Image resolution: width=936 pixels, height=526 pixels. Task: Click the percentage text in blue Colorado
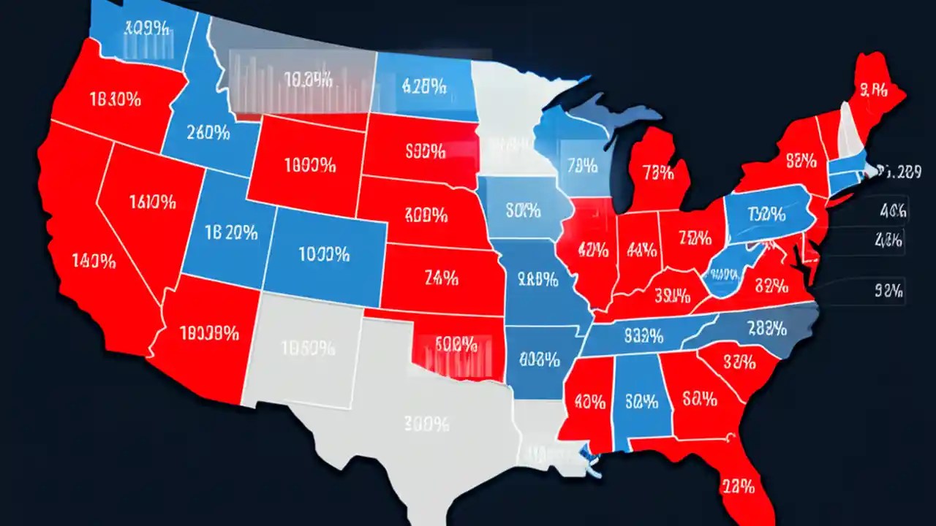(x=324, y=255)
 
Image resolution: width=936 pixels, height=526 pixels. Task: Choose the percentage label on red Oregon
(x=114, y=100)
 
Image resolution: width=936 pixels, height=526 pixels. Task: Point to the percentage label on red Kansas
(x=442, y=277)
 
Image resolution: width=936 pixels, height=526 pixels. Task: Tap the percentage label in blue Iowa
(x=523, y=211)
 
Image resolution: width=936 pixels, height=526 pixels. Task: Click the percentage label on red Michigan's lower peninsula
(x=658, y=173)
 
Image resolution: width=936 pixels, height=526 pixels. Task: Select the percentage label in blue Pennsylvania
(x=766, y=214)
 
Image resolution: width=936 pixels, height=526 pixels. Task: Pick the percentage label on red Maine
(x=874, y=91)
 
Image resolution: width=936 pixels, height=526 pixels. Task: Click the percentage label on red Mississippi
(x=589, y=401)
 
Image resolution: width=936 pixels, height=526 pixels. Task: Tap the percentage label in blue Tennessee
(x=643, y=336)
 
